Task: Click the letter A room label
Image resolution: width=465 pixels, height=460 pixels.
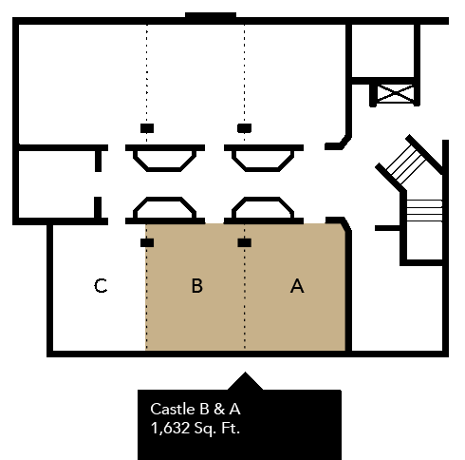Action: coord(297,286)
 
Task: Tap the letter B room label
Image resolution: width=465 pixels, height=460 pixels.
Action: coord(197,286)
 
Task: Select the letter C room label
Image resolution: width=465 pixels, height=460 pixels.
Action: coord(101,286)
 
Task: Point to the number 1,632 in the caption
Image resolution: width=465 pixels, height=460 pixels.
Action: coord(170,429)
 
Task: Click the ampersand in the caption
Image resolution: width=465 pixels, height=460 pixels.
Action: coord(219,409)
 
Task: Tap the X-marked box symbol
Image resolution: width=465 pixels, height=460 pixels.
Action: coord(396,93)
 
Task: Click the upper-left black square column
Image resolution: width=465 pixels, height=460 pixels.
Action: coord(147,128)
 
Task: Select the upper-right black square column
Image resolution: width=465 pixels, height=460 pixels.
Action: coord(245,128)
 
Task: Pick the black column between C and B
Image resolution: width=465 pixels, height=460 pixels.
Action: coord(147,242)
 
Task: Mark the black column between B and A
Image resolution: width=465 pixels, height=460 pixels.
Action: coord(245,242)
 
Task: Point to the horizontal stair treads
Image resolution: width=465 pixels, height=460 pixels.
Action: coord(424,211)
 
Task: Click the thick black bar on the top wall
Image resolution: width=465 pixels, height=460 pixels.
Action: coord(211,16)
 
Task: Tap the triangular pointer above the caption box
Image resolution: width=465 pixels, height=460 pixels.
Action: coord(245,381)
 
